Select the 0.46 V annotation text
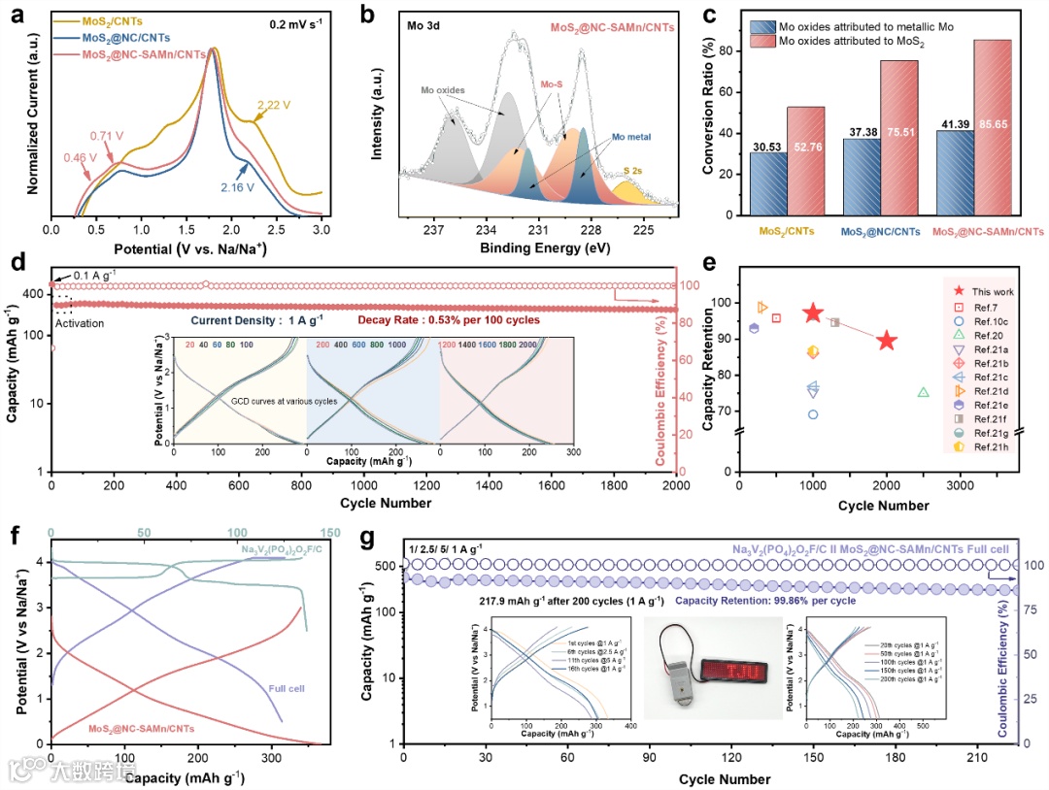[x=82, y=156]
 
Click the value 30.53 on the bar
[x=767, y=146]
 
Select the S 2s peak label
[x=632, y=170]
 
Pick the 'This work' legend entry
[x=990, y=290]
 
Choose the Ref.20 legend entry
[x=982, y=333]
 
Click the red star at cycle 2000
[x=886, y=341]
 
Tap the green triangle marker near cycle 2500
[x=923, y=392]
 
